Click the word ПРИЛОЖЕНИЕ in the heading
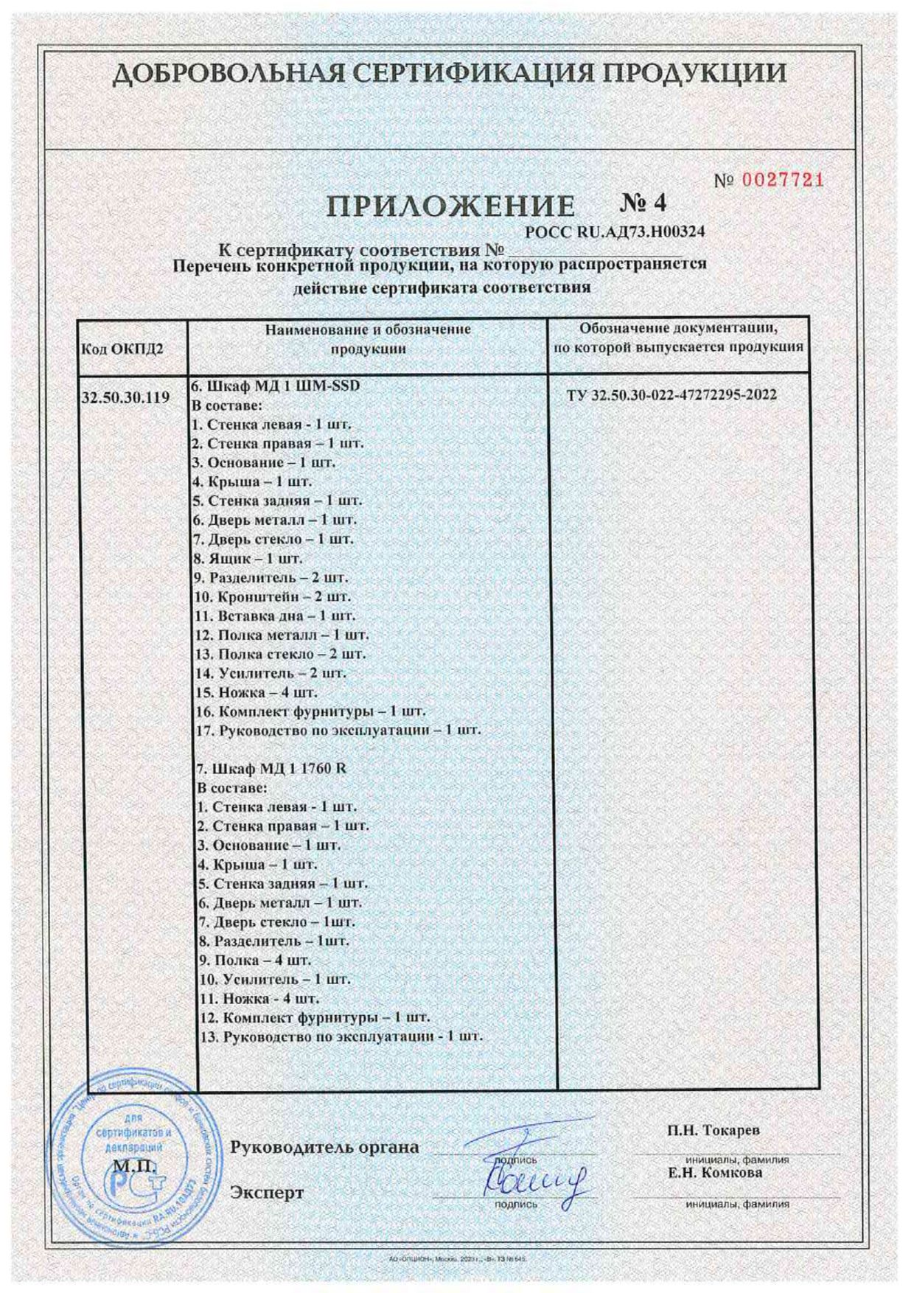[x=451, y=207]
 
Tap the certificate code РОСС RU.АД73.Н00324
[x=615, y=231]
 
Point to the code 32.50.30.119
[x=125, y=397]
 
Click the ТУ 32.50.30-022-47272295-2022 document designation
[x=671, y=395]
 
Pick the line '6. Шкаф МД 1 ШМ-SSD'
[x=276, y=386]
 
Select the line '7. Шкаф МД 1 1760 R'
[x=268, y=768]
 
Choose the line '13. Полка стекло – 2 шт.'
[x=280, y=654]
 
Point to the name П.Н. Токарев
[x=714, y=1130]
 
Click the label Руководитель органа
[x=324, y=1147]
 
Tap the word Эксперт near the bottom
[x=267, y=1192]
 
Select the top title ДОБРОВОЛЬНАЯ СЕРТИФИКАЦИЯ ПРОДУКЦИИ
[x=452, y=73]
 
